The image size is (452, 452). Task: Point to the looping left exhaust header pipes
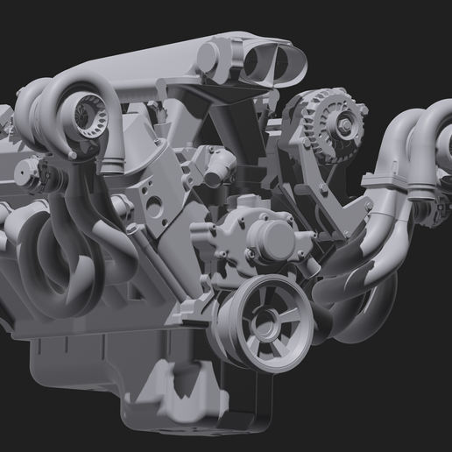point(53,263)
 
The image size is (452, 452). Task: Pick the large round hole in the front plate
point(154,207)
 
